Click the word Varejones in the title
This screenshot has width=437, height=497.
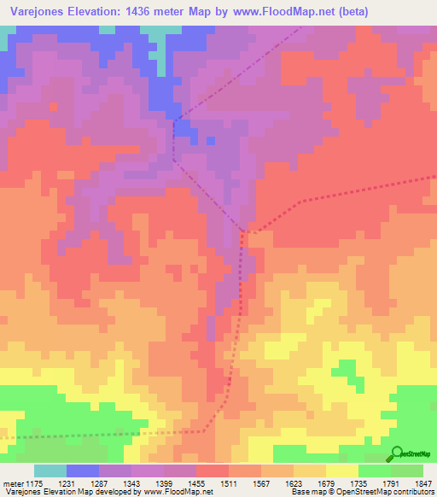pos(38,12)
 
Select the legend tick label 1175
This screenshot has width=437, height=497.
pos(34,483)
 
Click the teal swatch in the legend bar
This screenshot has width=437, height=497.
pos(50,471)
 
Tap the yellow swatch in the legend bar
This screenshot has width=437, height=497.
pos(341,471)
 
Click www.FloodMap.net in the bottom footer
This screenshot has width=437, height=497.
pos(180,493)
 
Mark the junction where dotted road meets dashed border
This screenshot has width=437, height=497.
pos(246,230)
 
